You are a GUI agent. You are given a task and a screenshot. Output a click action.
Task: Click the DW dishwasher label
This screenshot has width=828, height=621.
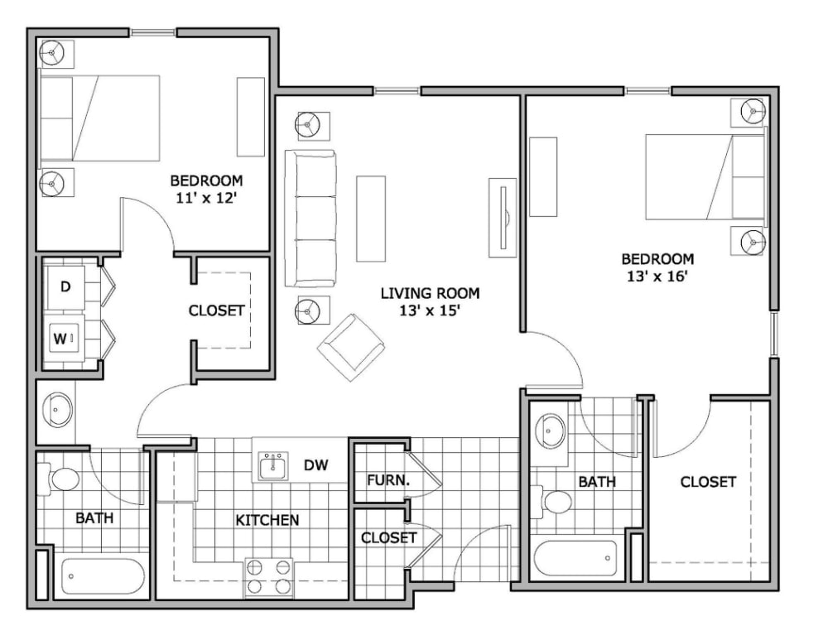[315, 465]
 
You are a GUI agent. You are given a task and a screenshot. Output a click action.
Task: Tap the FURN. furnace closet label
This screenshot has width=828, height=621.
[388, 480]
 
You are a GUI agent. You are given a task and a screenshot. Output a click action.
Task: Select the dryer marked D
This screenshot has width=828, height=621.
[65, 288]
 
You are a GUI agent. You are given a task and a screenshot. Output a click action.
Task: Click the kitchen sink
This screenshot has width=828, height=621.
[273, 466]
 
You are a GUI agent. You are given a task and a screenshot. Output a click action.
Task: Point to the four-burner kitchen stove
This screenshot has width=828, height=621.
[269, 577]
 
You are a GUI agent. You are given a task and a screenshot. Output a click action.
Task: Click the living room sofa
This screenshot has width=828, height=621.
[310, 219]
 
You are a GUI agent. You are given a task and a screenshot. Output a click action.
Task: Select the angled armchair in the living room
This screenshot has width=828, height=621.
[350, 347]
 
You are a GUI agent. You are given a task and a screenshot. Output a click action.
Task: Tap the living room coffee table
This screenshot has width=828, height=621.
[371, 219]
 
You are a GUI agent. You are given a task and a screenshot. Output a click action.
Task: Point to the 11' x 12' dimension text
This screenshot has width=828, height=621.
[205, 199]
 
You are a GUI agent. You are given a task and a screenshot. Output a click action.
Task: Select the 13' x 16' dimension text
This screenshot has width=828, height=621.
[657, 277]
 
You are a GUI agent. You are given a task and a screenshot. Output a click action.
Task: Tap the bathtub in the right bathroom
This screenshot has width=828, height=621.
[575, 560]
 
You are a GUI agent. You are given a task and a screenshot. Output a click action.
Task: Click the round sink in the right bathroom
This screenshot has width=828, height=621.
[549, 431]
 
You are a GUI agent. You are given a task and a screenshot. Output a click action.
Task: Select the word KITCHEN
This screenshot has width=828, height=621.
[267, 520]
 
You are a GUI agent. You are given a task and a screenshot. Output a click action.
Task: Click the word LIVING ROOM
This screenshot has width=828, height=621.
[430, 293]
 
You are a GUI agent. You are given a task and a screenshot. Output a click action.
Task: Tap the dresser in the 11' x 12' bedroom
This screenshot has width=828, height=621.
[250, 117]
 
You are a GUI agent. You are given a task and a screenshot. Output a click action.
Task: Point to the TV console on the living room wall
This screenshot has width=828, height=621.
[503, 218]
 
